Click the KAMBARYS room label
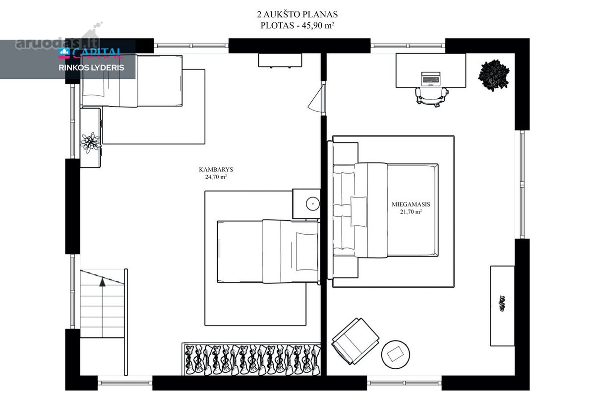coord(216,169)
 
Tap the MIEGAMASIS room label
coord(411,204)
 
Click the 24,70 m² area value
coord(216,177)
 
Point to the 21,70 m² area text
coord(411,212)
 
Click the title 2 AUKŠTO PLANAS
coord(297,14)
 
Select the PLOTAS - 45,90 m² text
coord(297,25)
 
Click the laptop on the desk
coord(430,79)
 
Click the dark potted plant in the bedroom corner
coord(494,75)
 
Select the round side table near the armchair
coord(396,354)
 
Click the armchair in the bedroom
coord(356,341)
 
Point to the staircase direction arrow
coord(102,282)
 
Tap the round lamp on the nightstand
coord(313,204)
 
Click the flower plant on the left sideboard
coord(91,142)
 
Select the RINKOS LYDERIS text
coord(91,68)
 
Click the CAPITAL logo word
coord(97,54)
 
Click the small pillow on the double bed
coord(358,211)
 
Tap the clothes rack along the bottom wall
coord(251,359)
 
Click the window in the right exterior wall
coord(522,184)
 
